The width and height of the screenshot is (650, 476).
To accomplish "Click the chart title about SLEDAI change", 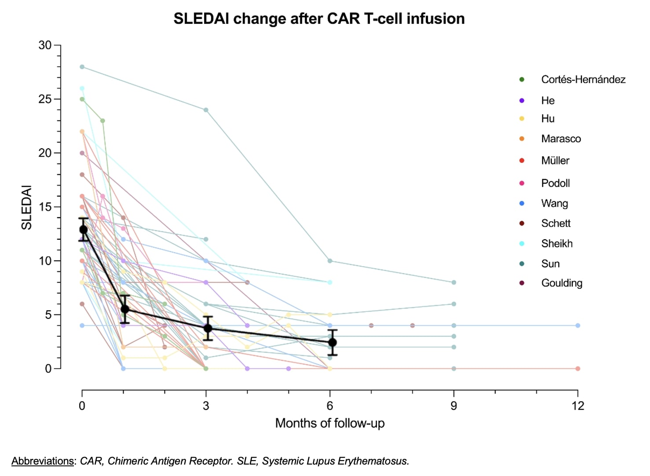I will (x=319, y=19).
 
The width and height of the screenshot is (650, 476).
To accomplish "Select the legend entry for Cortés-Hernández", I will (x=583, y=80).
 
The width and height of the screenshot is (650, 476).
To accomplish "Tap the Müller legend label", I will (x=555, y=161).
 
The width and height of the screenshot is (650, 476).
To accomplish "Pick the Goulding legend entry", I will (x=562, y=283).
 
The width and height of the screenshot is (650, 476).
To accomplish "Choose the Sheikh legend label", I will (x=557, y=243).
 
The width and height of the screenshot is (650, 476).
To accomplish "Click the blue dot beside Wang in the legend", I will (x=522, y=203).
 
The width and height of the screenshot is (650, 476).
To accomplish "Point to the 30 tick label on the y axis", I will (x=45, y=45).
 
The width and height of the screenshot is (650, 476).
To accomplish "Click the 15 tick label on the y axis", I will (x=45, y=207).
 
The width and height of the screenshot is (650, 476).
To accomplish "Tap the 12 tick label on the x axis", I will (x=577, y=406).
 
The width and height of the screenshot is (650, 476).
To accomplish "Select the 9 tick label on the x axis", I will (x=453, y=406).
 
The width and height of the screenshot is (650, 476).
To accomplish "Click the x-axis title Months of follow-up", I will (x=330, y=423).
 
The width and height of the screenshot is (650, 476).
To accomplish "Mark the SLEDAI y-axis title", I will (x=27, y=207).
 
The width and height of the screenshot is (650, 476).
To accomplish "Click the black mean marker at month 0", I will (x=84, y=229).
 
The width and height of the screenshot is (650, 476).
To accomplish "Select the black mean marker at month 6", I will (x=332, y=342).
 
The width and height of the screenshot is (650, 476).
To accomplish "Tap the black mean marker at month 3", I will (x=208, y=328).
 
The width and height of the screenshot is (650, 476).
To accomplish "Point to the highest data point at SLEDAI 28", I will (x=82, y=67).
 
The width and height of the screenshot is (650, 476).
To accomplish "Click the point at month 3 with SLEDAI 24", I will (x=206, y=110).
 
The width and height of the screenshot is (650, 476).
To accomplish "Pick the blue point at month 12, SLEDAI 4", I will (x=577, y=326).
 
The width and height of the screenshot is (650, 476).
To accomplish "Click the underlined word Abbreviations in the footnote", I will (x=43, y=461).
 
